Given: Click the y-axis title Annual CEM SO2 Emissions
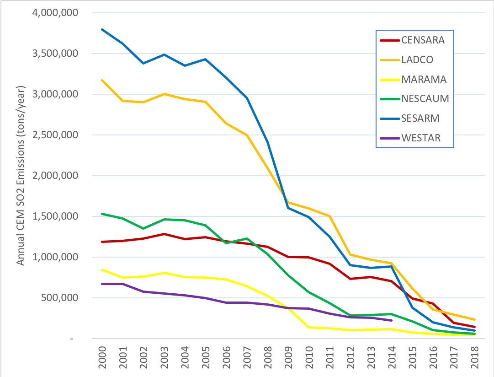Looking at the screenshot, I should pyautogui.click(x=21, y=176).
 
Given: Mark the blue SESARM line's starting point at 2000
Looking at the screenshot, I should pyautogui.click(x=102, y=29).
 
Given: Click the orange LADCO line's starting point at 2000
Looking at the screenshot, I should pyautogui.click(x=102, y=80).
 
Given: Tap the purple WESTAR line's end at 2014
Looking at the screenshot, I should pyautogui.click(x=391, y=321).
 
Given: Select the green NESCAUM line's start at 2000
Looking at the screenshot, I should pyautogui.click(x=102, y=214).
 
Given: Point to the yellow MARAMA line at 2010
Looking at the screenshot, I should pyautogui.click(x=308, y=327).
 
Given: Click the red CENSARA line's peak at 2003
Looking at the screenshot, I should pyautogui.click(x=164, y=234).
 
